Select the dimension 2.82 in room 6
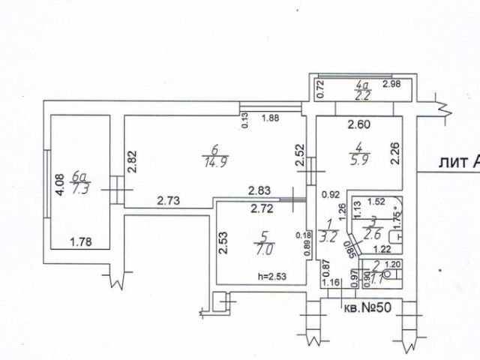tap(133, 163)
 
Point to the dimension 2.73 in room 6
tap(169, 200)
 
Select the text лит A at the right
tap(459, 160)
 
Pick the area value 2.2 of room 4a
tap(364, 95)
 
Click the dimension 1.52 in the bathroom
tap(376, 201)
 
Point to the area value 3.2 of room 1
tap(328, 229)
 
